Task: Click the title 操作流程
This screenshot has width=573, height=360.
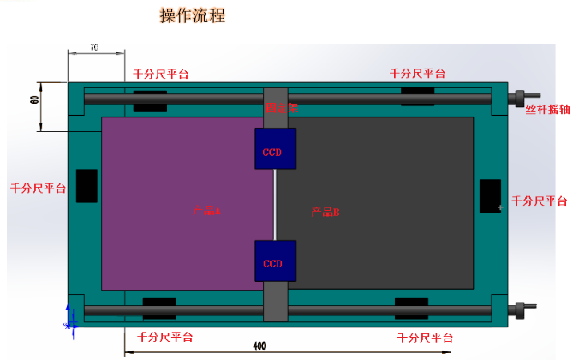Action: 193,16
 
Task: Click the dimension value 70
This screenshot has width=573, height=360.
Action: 93,47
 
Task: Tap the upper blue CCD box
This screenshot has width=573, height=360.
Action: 275,149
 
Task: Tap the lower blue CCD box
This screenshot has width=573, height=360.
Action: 275,261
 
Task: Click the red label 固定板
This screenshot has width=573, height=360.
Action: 282,109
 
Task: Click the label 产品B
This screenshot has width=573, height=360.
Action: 325,211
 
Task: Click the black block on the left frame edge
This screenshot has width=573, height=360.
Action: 87,185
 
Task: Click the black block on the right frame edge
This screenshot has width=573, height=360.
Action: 490,195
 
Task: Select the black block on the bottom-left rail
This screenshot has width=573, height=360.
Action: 159,308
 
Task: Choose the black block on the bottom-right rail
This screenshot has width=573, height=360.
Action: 411,308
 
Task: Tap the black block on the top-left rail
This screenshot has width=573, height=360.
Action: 150,101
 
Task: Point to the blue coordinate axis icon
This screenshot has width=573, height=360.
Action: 70,315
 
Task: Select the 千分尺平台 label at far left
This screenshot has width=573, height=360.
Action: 38,189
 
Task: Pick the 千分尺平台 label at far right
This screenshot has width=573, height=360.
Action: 540,201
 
